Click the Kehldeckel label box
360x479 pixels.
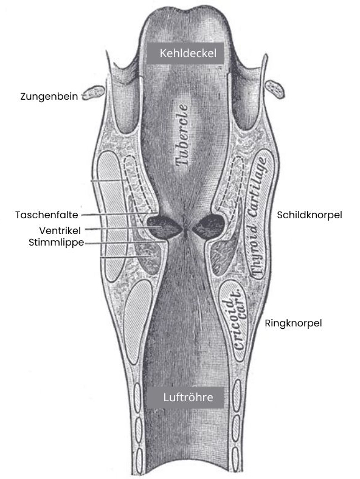coord(185,53)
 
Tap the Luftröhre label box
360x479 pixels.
coord(185,397)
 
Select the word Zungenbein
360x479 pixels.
coord(49,97)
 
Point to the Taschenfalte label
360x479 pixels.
coord(47,215)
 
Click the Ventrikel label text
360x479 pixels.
coord(60,230)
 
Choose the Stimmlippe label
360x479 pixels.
coord(56,243)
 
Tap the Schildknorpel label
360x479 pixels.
coord(310,215)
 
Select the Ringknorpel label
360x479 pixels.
coord(293,323)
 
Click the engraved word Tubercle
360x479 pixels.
coord(182,135)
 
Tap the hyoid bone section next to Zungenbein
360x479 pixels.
coord(93,92)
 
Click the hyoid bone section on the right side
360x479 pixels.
coord(274,89)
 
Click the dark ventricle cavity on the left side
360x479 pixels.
coord(163,227)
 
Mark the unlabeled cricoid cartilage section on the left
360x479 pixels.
coord(137,322)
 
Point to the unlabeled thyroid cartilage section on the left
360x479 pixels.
coord(111,216)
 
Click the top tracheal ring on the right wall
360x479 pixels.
coord(236,395)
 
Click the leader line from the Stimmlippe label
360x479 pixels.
coord(125,243)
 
